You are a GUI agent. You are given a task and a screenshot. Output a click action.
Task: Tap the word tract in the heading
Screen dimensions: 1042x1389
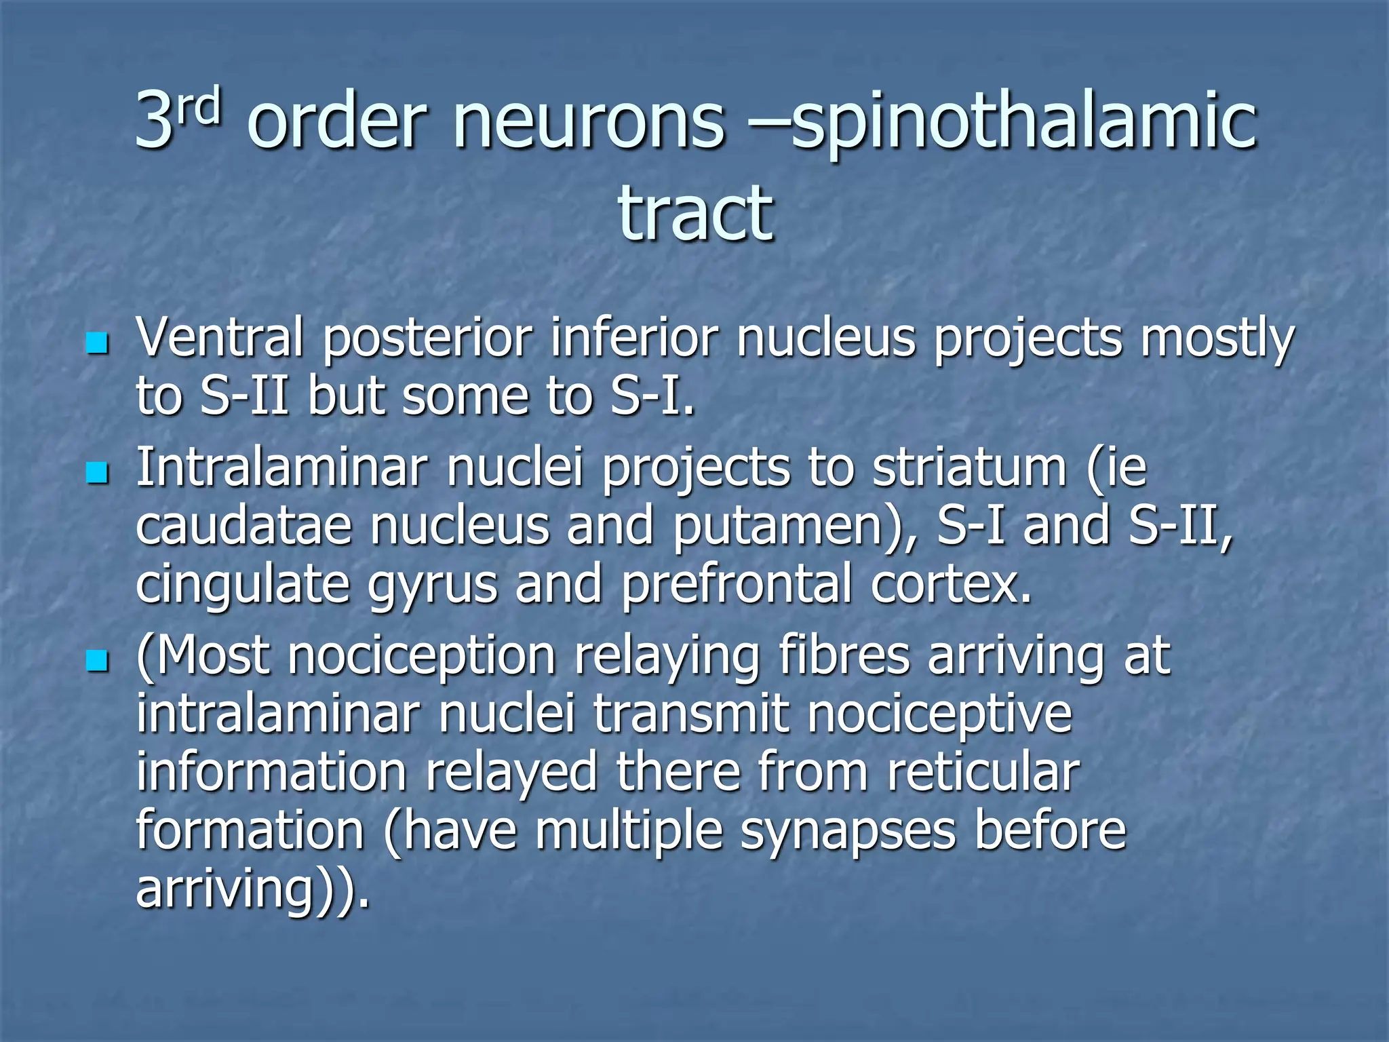[x=695, y=214]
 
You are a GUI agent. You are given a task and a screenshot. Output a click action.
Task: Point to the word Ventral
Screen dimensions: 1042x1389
[x=219, y=337]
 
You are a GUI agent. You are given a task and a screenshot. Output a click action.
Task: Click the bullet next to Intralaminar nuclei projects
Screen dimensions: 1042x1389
[x=98, y=473]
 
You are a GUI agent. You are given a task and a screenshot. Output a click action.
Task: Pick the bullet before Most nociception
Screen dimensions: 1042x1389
[x=98, y=660]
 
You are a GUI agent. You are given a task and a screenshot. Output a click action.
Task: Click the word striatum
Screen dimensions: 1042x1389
[x=969, y=468]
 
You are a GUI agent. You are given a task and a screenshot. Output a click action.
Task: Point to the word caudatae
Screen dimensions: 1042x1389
[x=243, y=526]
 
